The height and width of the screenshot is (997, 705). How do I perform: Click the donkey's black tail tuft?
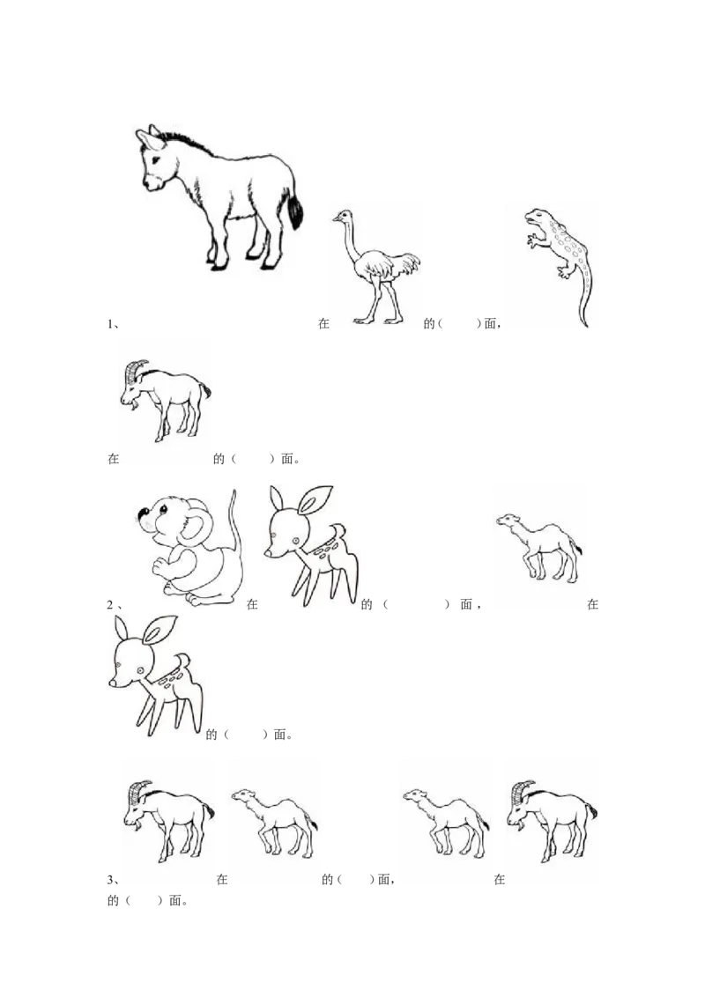(x=295, y=211)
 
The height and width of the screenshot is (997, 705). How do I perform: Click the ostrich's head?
(x=342, y=218)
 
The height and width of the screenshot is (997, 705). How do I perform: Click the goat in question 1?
(x=165, y=400)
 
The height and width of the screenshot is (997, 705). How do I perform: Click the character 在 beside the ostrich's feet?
(x=324, y=323)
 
